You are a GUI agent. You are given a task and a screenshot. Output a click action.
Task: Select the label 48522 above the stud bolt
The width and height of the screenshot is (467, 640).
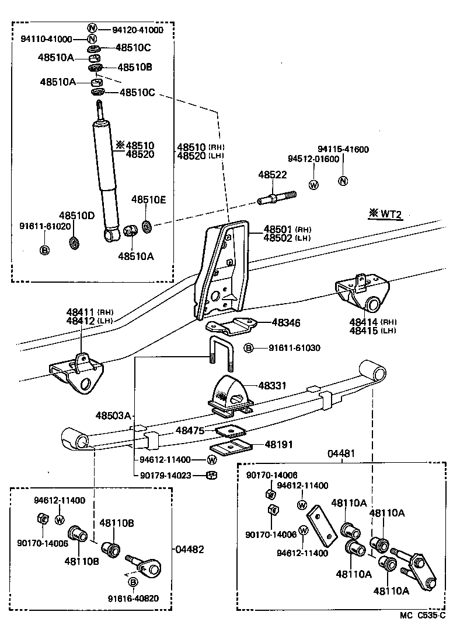tap(273, 175)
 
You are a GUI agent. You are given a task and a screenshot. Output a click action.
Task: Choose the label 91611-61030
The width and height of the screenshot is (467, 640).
tap(294, 348)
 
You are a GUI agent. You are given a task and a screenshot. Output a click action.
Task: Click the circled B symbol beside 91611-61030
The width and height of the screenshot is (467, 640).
tap(249, 348)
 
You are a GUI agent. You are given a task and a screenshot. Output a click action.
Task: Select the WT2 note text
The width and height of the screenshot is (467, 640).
tap(389, 214)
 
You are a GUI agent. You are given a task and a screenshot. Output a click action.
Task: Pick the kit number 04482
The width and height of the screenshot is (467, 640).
tap(190, 549)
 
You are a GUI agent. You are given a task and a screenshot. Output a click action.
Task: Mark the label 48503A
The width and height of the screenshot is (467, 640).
tap(114, 416)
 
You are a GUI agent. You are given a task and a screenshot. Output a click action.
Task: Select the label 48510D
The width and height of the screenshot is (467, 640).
tap(76, 216)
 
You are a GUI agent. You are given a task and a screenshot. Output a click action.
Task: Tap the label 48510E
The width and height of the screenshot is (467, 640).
tap(148, 199)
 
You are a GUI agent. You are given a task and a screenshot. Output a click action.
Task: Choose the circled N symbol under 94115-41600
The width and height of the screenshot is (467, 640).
tap(343, 180)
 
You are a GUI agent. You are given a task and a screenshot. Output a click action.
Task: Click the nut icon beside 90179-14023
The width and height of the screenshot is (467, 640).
tap(212, 476)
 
